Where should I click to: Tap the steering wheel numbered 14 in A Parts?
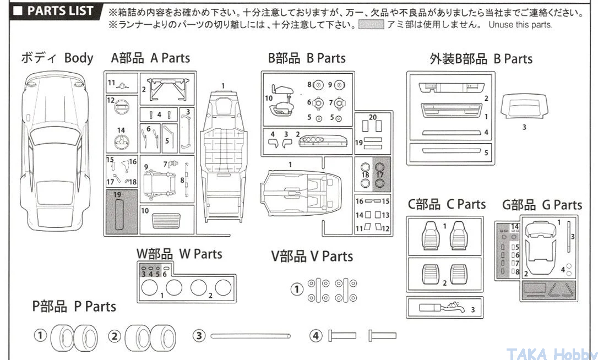tap(121, 143)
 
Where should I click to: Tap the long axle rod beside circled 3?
tap(250, 335)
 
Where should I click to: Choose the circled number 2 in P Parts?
tap(114, 335)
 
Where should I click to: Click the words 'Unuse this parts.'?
tap(519, 25)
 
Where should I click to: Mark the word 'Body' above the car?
tap(79, 58)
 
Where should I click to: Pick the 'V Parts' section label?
tap(312, 257)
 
